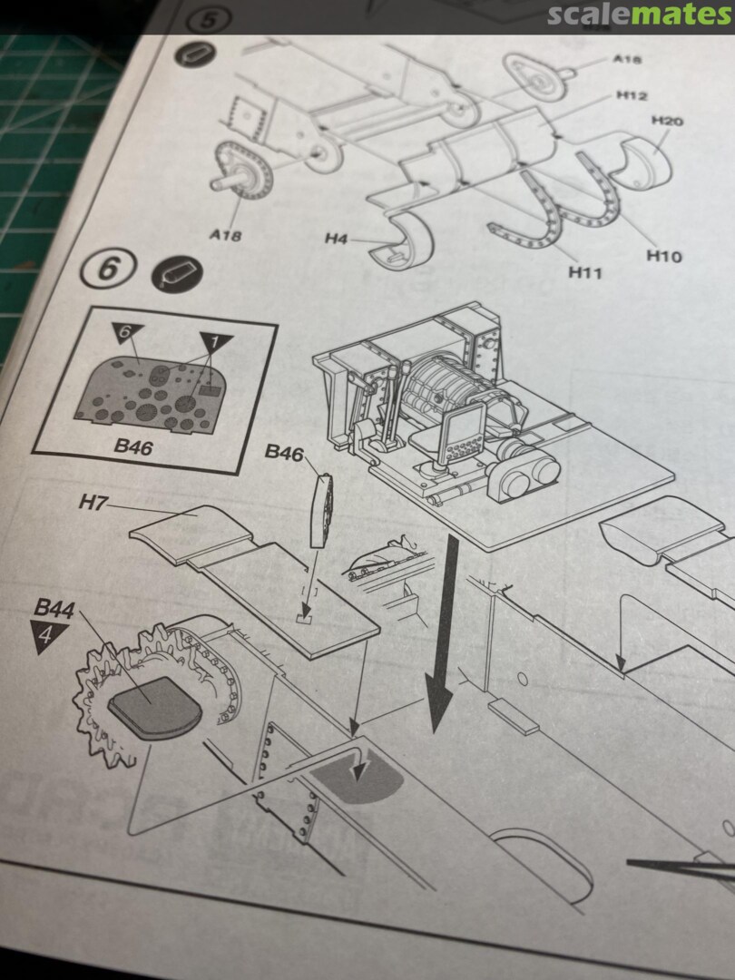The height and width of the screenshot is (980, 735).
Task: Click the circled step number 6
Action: tap(109, 269)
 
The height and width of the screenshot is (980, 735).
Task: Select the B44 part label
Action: tap(54, 609)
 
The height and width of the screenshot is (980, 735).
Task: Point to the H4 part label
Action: tap(337, 240)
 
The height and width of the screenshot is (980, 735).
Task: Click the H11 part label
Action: tap(586, 271)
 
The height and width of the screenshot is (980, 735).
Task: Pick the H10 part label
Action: tap(663, 256)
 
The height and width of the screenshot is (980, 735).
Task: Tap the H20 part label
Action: tap(667, 122)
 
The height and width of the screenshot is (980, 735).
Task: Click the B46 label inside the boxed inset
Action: tap(132, 446)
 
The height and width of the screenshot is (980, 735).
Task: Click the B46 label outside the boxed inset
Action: tap(284, 453)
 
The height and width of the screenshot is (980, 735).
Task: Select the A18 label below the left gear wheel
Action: tap(226, 235)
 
